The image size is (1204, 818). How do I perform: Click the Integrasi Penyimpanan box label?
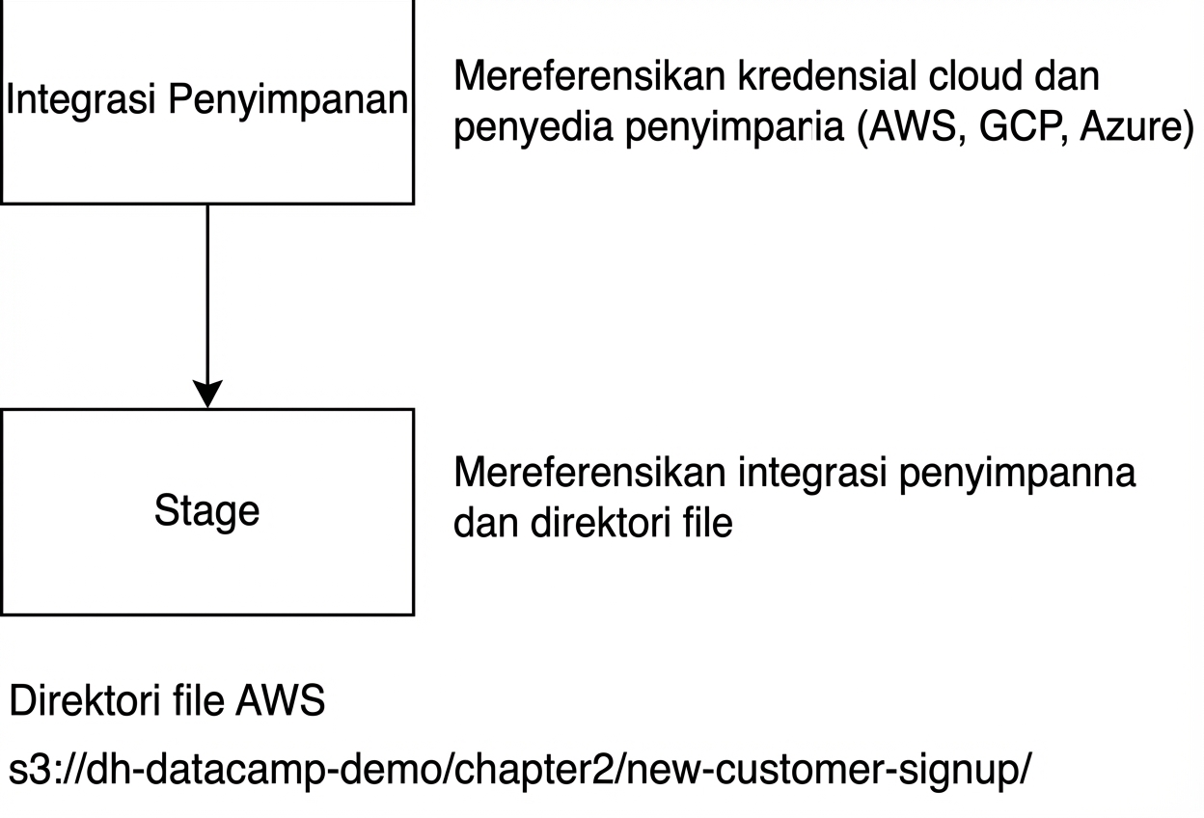click(206, 101)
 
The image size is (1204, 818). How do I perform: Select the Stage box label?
click(206, 511)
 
